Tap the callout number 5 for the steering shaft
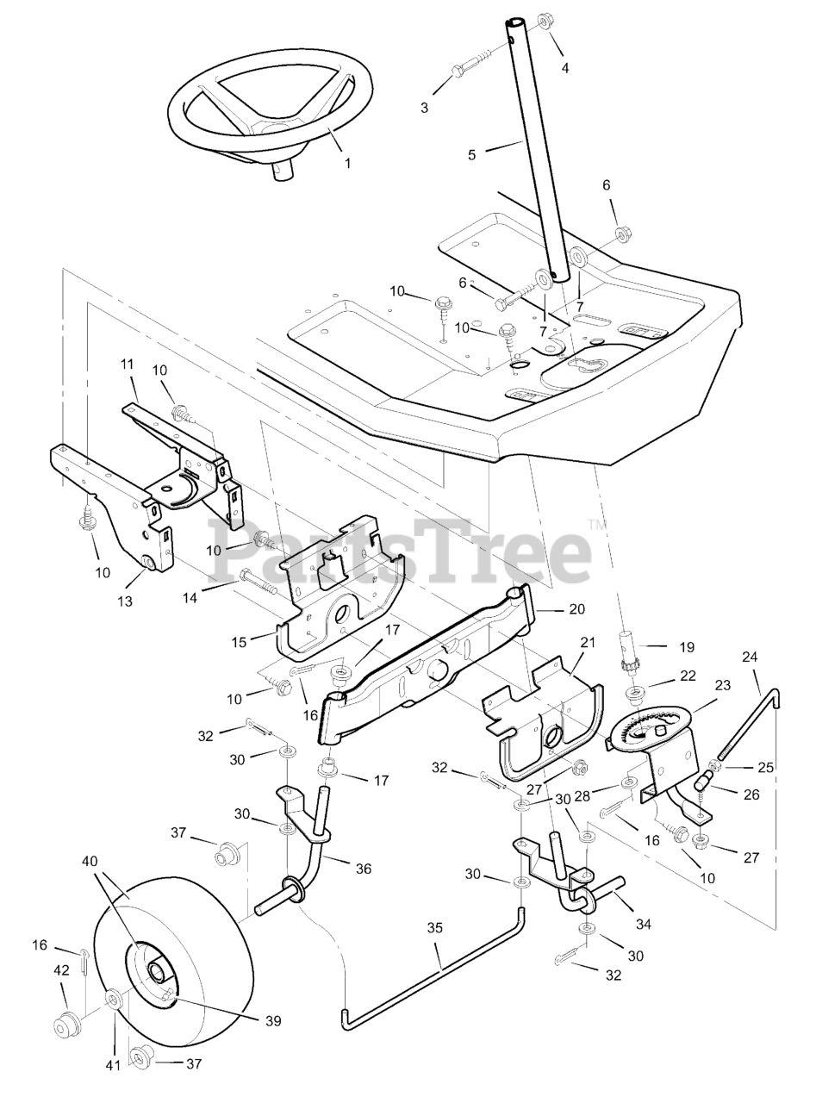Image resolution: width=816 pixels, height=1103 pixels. (471, 155)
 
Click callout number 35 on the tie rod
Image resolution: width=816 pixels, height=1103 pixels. (435, 928)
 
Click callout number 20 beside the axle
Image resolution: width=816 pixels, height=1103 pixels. (576, 609)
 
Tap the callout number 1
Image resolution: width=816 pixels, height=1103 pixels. (347, 162)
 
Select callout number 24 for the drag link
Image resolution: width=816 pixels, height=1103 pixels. (750, 657)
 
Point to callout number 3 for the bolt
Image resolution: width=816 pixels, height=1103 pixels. (424, 108)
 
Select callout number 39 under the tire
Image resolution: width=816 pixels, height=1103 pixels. (273, 1020)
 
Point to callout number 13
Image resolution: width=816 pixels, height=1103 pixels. (126, 601)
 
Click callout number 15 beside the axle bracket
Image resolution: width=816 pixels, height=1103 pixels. (239, 641)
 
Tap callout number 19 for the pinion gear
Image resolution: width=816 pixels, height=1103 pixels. (686, 646)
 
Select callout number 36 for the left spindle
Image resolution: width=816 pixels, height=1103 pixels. (364, 869)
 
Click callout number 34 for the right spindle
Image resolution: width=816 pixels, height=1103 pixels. (643, 924)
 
